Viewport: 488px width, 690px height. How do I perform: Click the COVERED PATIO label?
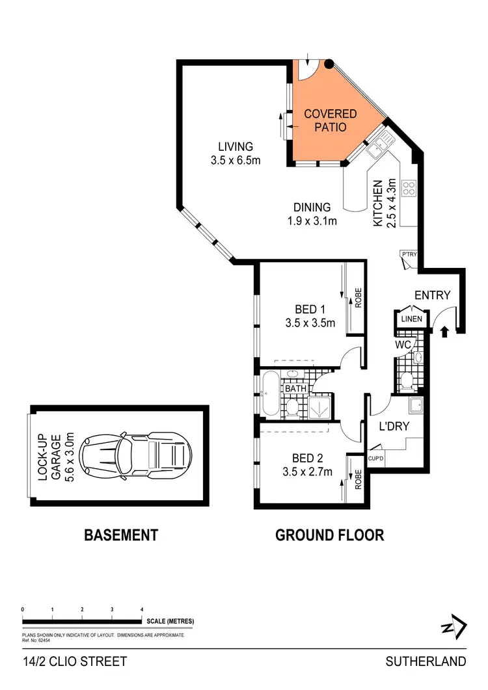pos(331,121)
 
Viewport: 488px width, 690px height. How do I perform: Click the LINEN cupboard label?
pos(411,319)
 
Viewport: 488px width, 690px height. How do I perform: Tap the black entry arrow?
pos(445,332)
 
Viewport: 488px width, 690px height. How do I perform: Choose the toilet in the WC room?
pos(407,380)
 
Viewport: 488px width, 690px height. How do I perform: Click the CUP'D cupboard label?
pos(375,458)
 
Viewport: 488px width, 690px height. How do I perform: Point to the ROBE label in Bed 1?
pos(357,299)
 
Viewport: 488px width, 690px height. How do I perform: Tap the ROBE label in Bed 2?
pos(357,480)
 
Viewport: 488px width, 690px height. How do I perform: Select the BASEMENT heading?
pos(121,535)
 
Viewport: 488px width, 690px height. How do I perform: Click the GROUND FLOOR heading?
pos(329,535)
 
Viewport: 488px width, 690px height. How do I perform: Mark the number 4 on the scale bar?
pos(142,609)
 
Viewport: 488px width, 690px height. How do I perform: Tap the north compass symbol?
pos(454,628)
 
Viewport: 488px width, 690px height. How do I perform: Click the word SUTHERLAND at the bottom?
pos(426,662)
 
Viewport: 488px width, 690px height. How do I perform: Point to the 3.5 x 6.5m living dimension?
pos(236,159)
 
